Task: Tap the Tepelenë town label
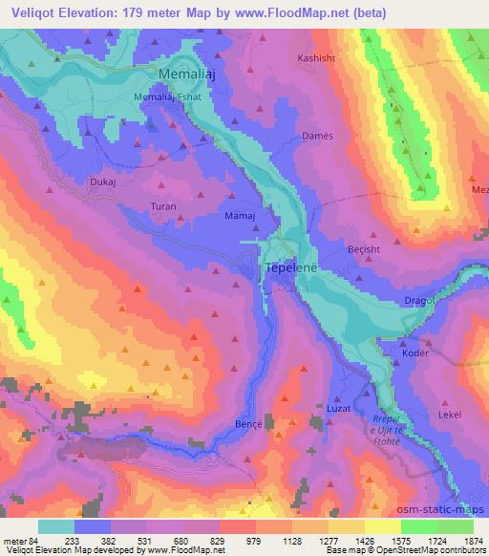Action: [288, 270]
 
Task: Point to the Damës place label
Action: [317, 137]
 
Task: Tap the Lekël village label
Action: [423, 416]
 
